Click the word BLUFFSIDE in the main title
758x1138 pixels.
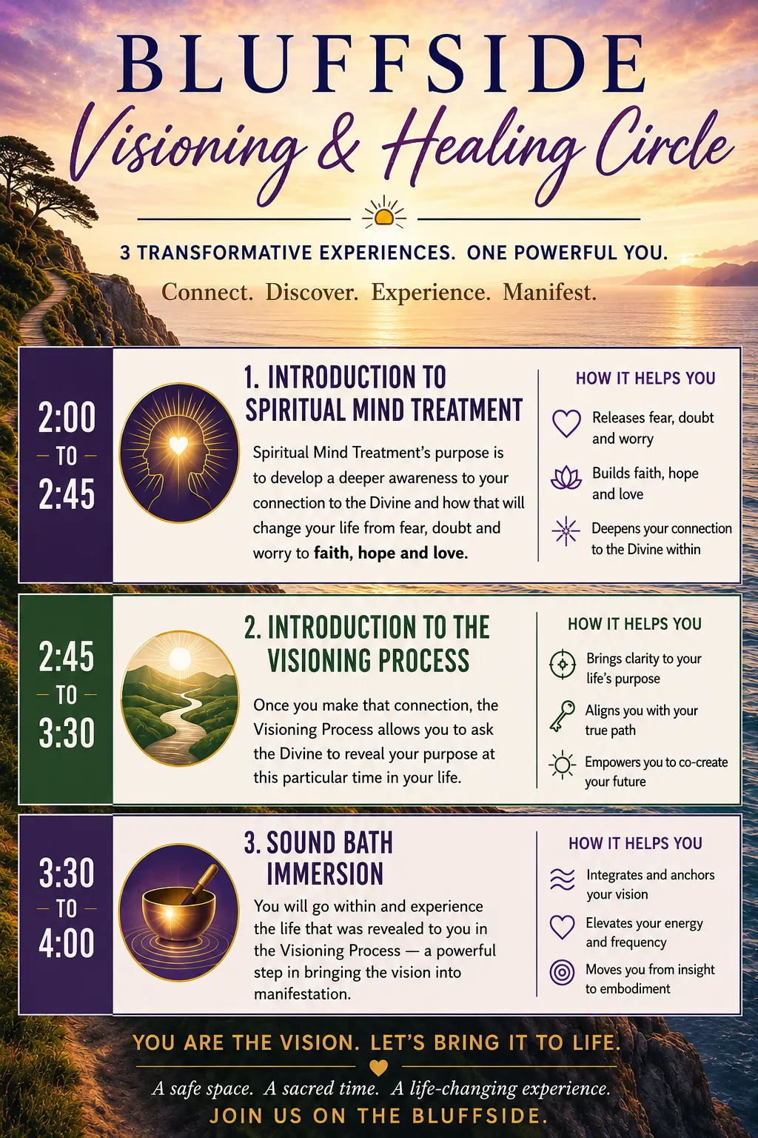point(382,64)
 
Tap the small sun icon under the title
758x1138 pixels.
point(384,213)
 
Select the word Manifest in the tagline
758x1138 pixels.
point(549,292)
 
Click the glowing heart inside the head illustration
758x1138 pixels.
point(178,445)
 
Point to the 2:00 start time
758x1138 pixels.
point(67,417)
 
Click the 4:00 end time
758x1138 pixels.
point(67,942)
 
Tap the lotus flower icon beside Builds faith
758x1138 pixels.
point(566,478)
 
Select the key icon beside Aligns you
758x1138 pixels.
point(562,716)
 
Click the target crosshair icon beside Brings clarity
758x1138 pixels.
point(563,664)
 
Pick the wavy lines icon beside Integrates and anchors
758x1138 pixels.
point(563,879)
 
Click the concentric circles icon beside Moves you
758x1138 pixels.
point(562,973)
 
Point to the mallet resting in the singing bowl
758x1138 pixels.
point(200,884)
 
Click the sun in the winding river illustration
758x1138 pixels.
point(179,659)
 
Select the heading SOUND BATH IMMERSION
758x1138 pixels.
point(319,858)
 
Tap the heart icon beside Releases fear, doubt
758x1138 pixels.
point(566,423)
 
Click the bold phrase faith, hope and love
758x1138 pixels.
point(391,553)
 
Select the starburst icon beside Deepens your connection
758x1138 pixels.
point(566,531)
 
